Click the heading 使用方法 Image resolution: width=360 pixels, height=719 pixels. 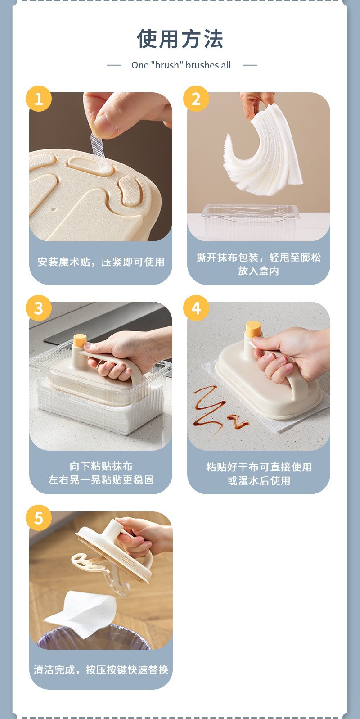180,39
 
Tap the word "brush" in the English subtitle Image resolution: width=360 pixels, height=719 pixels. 166,65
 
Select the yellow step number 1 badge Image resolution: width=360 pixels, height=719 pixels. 39,99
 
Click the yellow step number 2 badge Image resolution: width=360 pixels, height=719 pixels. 196,99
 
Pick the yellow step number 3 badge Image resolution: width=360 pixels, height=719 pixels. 39,308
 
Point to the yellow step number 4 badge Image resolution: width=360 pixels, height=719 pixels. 196,308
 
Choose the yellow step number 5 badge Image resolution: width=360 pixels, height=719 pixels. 39,518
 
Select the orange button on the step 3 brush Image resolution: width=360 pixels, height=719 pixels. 80,340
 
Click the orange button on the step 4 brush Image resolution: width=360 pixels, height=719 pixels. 253,329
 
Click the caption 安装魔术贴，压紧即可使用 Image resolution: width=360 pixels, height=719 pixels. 101,262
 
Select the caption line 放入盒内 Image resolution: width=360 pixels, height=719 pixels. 258,271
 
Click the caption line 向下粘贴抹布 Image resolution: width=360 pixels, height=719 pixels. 101,466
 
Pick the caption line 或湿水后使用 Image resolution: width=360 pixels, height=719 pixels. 259,480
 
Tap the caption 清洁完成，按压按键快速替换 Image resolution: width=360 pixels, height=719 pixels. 101,669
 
